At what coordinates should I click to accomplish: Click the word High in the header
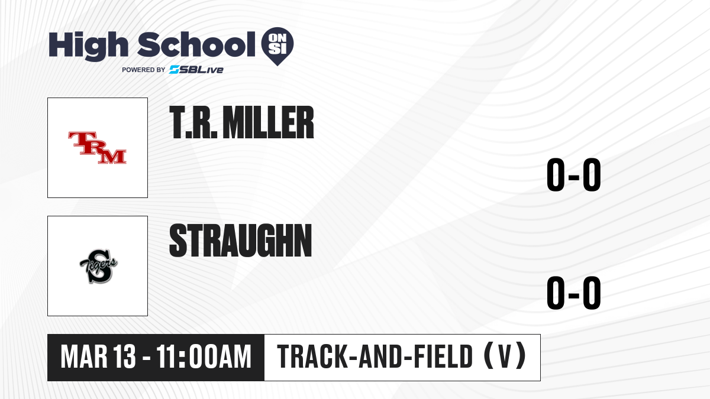pos(88,46)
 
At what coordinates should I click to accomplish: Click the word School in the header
pos(196,44)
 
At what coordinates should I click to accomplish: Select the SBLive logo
pos(196,70)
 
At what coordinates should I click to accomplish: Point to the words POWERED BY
pos(144,70)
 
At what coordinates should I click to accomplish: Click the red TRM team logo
pos(97,148)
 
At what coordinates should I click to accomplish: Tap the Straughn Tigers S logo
pos(98,267)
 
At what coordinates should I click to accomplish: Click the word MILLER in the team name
pos(268,122)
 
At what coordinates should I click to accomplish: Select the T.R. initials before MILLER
pos(193,122)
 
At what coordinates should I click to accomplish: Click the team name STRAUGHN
pos(241,241)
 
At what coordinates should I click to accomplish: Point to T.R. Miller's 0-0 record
pos(574,174)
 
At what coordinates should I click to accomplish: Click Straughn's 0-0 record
pos(574,293)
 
